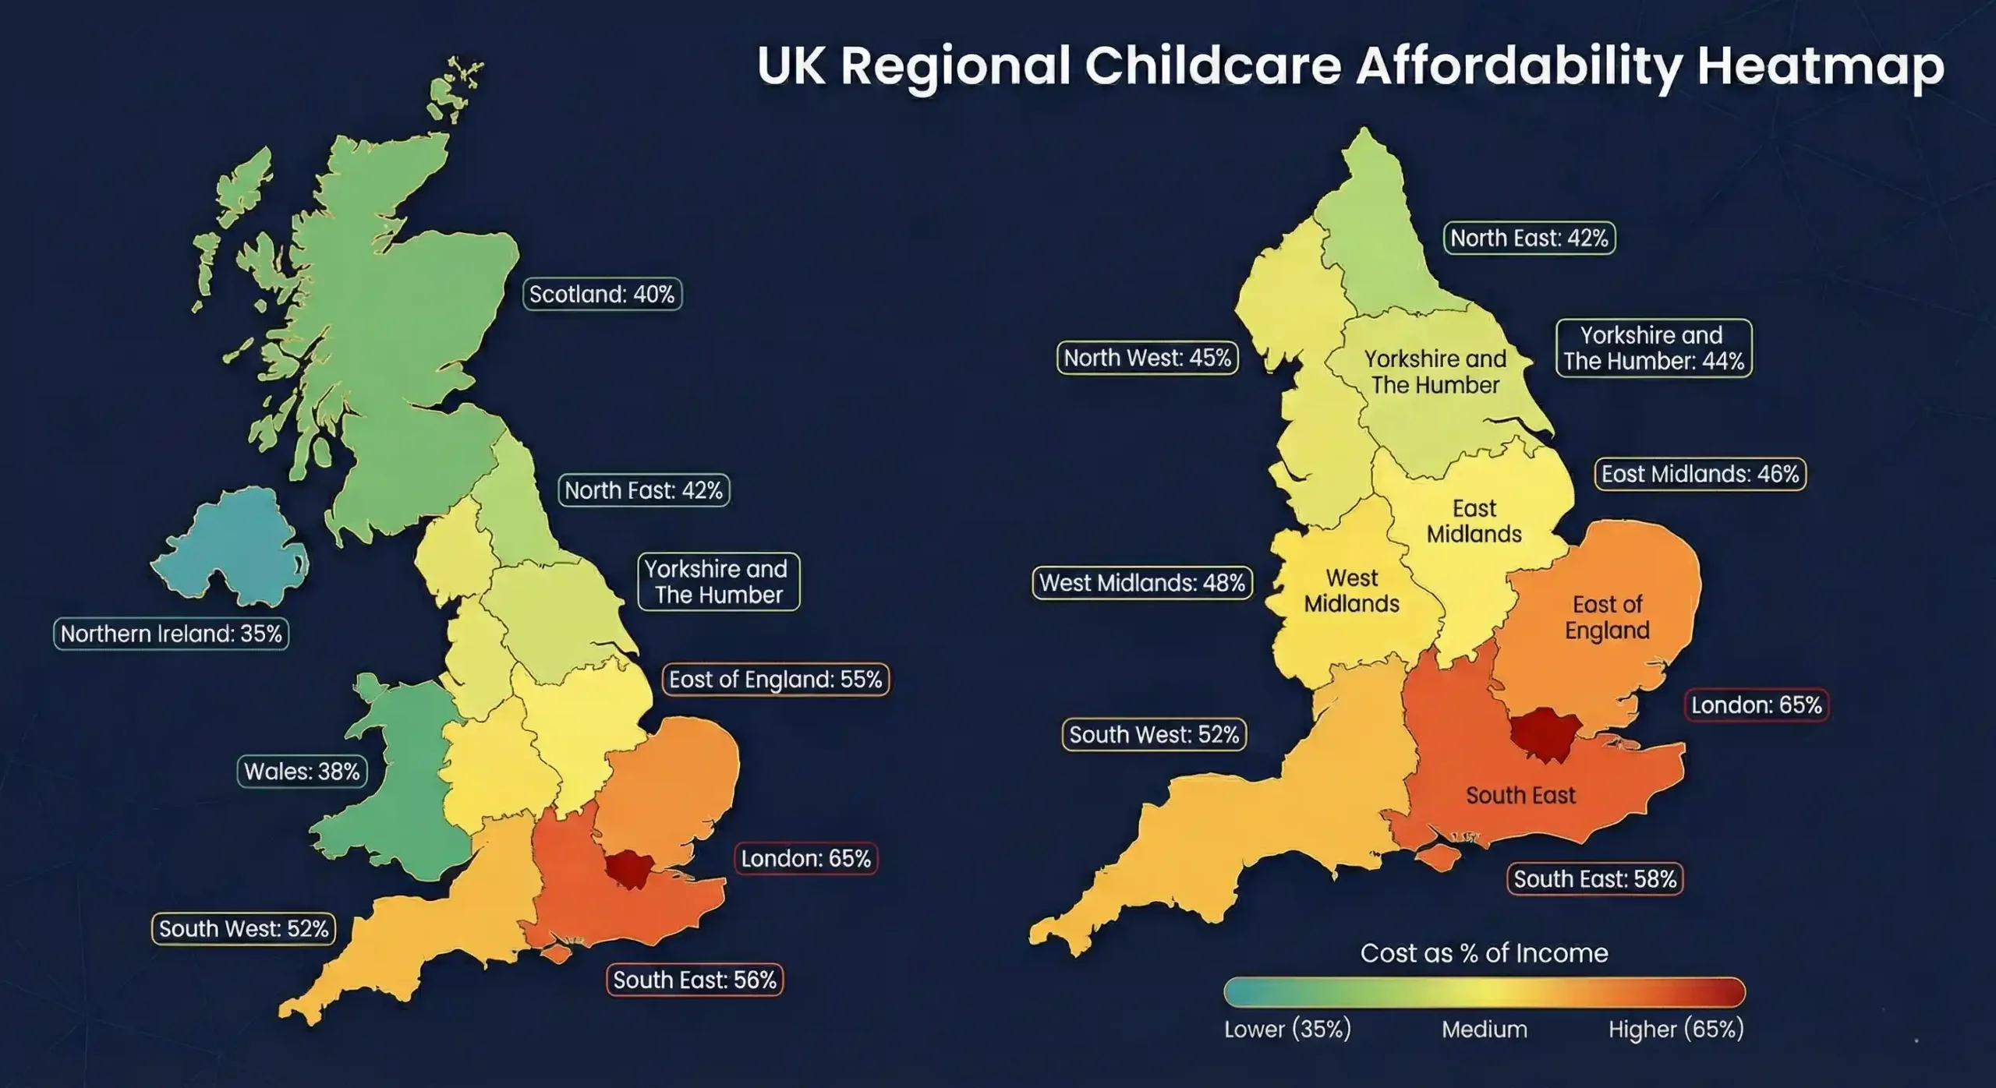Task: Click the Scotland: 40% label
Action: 602,295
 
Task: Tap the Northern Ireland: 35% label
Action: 171,634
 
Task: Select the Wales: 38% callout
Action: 302,772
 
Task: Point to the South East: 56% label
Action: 695,980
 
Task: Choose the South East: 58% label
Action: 1594,879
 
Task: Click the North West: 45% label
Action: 1147,359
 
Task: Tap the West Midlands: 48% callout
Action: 1142,583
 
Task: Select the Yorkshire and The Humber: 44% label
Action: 1654,348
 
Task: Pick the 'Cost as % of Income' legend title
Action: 1484,953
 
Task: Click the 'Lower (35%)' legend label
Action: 1287,1030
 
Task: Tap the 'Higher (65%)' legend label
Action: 1676,1030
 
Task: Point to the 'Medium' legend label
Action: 1484,1030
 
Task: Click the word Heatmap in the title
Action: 1821,67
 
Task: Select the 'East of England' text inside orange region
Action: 1607,617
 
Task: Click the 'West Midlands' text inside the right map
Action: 1351,591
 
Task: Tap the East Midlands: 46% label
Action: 1700,474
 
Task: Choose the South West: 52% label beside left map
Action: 243,929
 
